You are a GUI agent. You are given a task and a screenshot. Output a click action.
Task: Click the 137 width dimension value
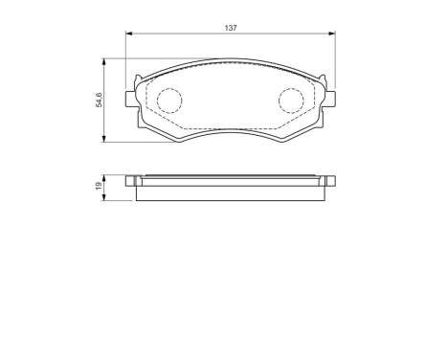coord(230,29)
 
